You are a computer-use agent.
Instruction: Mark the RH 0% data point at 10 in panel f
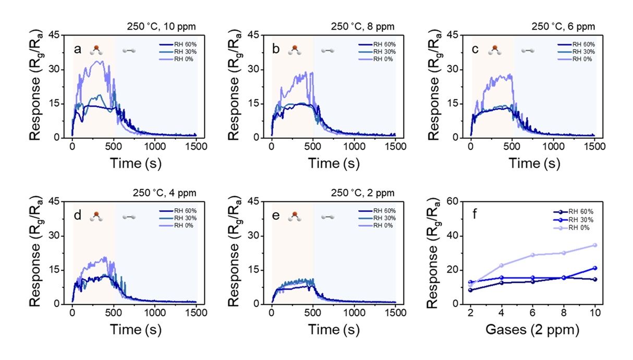pos(595,245)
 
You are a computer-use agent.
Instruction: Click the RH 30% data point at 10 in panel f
pos(595,268)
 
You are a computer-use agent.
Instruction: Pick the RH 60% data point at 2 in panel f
pos(471,290)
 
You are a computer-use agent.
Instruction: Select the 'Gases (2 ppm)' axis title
pos(532,330)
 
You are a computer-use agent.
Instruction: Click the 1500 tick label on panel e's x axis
pos(396,315)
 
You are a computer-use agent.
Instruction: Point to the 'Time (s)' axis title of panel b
pos(334,163)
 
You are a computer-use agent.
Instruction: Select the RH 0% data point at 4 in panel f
pos(502,266)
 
